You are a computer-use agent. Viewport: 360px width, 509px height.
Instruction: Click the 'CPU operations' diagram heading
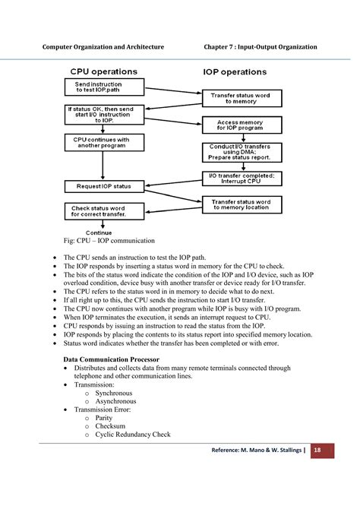point(103,71)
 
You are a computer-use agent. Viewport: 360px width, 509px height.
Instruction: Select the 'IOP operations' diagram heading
point(234,72)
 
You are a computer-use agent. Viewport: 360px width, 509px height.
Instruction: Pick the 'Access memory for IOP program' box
point(238,125)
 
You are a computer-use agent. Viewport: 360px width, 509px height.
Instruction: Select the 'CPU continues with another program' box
point(101,144)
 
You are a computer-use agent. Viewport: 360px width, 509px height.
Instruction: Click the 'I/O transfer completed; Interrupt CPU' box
point(241,179)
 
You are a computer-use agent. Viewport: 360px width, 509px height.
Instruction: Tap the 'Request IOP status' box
point(104,185)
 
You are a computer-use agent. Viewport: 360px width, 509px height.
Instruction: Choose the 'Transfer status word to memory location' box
point(242,204)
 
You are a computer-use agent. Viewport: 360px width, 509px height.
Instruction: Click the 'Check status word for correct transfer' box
point(103,211)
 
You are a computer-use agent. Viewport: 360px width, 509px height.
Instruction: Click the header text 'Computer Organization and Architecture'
point(103,47)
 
